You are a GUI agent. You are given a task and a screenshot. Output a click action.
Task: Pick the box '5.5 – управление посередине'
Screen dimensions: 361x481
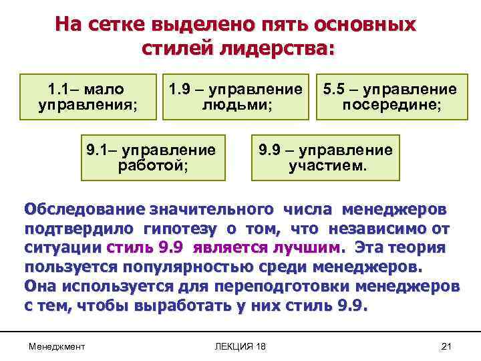(391, 97)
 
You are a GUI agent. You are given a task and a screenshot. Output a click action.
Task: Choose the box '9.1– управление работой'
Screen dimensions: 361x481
(152, 157)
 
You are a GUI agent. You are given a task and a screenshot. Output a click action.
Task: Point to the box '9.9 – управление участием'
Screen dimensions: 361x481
(327, 157)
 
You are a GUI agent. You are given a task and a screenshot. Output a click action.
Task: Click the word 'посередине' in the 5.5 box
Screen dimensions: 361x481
(391, 106)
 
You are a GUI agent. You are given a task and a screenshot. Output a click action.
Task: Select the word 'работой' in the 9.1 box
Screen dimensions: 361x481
(152, 166)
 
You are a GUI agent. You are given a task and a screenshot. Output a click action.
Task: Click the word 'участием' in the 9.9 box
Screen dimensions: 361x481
(327, 166)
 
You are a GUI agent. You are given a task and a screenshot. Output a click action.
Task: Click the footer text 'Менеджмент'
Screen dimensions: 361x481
(57, 346)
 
